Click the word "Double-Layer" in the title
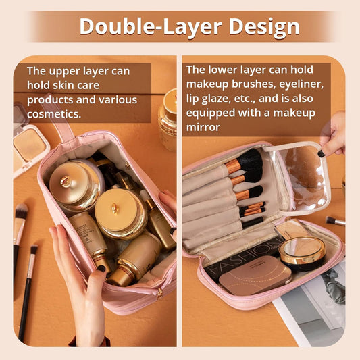pyautogui.click(x=151, y=26)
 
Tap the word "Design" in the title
pyautogui.click(x=264, y=26)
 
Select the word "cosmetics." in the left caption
pyautogui.click(x=54, y=114)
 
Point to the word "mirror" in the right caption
pyautogui.click(x=203, y=127)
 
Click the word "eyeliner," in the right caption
pyautogui.click(x=301, y=84)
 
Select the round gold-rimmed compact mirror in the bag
pyautogui.click(x=302, y=253)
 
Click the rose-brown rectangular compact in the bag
pyautogui.click(x=255, y=275)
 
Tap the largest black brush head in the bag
pyautogui.click(x=250, y=159)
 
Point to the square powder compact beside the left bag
pyautogui.click(x=29, y=144)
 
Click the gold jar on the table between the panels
pyautogui.click(x=168, y=120)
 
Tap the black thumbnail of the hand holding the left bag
pyautogui.click(x=101, y=268)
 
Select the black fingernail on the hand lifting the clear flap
pyautogui.click(x=322, y=153)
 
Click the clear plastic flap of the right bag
pyautogui.click(x=303, y=176)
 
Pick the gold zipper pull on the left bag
pyautogui.click(x=159, y=294)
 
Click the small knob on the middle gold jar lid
pyautogui.click(x=115, y=208)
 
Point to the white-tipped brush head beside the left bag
pyautogui.click(x=22, y=211)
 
